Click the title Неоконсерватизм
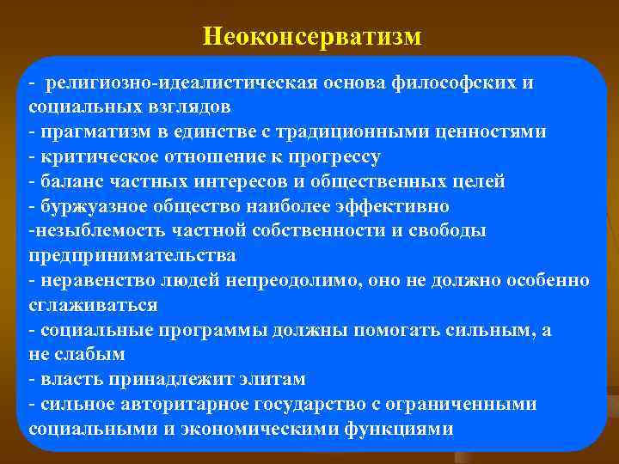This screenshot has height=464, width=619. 312,36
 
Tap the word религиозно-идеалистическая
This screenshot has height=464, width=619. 182,82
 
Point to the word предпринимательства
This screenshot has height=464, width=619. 132,256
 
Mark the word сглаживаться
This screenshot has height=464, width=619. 93,305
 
